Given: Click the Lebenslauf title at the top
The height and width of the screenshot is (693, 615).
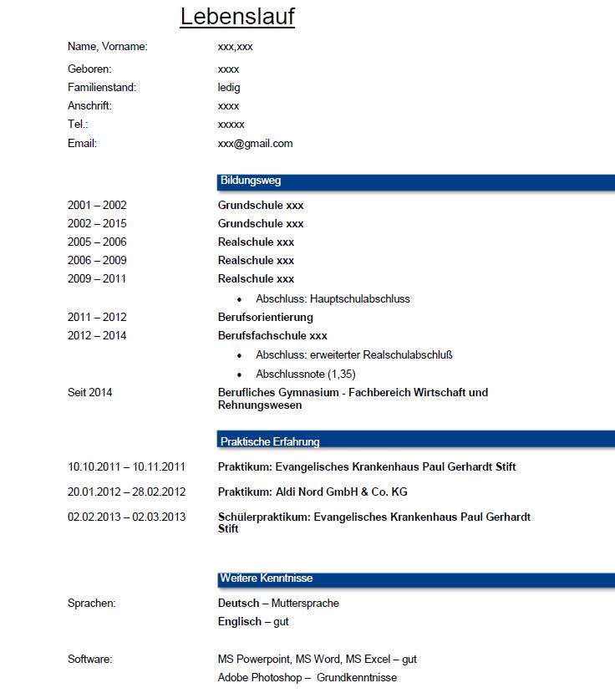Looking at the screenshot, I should pyautogui.click(x=237, y=17).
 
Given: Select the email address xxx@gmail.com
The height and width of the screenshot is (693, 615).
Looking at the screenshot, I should pyautogui.click(x=255, y=144).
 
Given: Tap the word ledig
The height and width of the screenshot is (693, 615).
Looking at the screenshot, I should pyautogui.click(x=229, y=88).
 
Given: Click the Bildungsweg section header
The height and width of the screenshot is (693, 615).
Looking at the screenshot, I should pyautogui.click(x=251, y=181).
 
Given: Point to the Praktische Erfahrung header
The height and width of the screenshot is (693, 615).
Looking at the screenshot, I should pyautogui.click(x=270, y=441).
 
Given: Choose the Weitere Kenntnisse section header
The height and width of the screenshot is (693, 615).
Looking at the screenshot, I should pyautogui.click(x=267, y=578).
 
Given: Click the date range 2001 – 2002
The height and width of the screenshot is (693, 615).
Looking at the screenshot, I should pyautogui.click(x=97, y=206).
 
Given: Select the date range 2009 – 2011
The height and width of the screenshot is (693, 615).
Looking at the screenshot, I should pyautogui.click(x=97, y=279).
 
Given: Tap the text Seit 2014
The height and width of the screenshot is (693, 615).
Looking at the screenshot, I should pyautogui.click(x=90, y=393).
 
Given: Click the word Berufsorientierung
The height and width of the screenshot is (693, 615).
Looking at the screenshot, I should pyautogui.click(x=266, y=318).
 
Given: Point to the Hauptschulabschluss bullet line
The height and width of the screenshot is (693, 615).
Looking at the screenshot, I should pyautogui.click(x=333, y=299).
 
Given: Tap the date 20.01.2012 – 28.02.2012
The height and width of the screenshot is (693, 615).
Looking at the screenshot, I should pyautogui.click(x=126, y=492).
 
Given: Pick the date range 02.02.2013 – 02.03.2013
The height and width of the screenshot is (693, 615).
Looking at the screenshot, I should pyautogui.click(x=126, y=517).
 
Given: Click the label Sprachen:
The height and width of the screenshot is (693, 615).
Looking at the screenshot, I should pyautogui.click(x=92, y=604).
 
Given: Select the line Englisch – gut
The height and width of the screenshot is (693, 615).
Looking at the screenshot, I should pyautogui.click(x=253, y=622).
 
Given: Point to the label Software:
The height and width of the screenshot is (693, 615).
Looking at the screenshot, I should pyautogui.click(x=90, y=660).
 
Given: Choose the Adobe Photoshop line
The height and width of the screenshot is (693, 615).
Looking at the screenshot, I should pyautogui.click(x=307, y=678).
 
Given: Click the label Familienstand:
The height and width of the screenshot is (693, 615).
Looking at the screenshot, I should pyautogui.click(x=102, y=88).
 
